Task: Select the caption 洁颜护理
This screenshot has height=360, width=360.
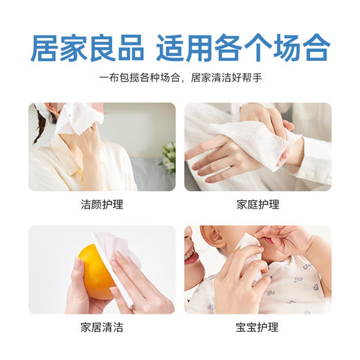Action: coord(101,205)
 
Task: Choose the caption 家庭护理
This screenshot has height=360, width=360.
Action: coord(258,205)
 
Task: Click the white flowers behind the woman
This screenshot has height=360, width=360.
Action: coord(168,156)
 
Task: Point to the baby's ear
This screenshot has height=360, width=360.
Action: coord(208,240)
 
